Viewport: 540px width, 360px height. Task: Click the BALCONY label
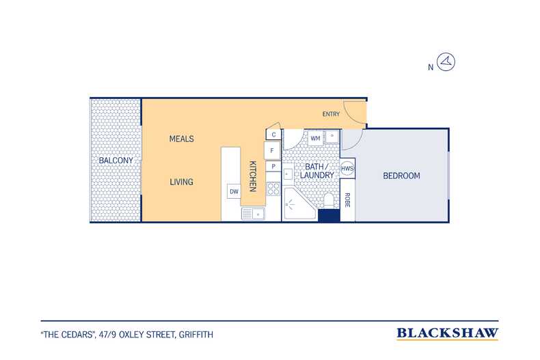click(116, 161)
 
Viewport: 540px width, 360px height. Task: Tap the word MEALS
click(182, 139)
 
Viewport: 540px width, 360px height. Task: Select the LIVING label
click(182, 182)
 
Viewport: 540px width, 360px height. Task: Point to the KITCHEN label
click(253, 176)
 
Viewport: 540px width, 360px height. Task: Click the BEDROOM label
click(401, 176)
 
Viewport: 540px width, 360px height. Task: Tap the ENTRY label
click(331, 114)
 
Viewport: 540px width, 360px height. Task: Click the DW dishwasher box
click(234, 191)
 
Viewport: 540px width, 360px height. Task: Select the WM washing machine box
click(316, 139)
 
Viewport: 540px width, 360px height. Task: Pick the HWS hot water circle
click(347, 168)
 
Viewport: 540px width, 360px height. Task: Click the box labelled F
click(273, 150)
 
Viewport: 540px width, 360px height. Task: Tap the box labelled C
click(273, 134)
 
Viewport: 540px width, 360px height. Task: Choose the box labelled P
click(273, 166)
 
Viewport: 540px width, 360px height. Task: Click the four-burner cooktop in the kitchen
click(273, 189)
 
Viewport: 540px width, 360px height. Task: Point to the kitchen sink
click(253, 214)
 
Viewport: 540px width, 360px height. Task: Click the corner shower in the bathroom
click(300, 204)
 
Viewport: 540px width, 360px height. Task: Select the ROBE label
click(347, 200)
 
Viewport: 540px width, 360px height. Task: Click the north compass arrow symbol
click(446, 62)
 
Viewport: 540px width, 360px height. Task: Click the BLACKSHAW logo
click(447, 333)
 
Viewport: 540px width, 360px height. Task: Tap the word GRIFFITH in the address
click(196, 335)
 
